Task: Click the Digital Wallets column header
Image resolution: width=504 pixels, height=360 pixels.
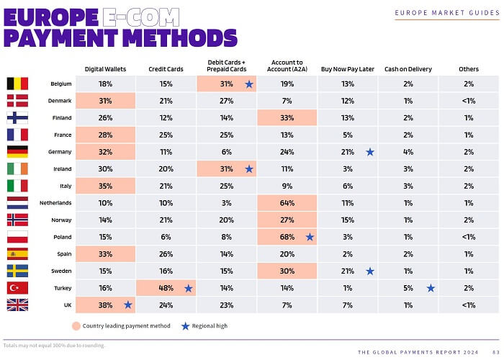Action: [104, 69]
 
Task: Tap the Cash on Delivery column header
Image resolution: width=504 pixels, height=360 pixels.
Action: [408, 69]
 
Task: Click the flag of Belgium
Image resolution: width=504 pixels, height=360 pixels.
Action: [17, 84]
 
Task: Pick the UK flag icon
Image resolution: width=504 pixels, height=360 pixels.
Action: [17, 305]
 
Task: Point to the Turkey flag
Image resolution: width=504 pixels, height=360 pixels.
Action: [17, 288]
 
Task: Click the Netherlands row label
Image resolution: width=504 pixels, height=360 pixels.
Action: [55, 203]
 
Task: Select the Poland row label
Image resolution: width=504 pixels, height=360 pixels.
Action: [60, 237]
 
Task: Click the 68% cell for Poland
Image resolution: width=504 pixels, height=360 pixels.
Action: [286, 237]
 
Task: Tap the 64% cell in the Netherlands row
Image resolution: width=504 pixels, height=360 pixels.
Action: [286, 203]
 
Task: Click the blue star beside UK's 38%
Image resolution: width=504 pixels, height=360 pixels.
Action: [128, 305]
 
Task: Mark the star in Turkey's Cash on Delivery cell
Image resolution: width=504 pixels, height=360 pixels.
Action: [431, 288]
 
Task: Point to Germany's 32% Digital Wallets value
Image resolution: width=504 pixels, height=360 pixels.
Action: [104, 152]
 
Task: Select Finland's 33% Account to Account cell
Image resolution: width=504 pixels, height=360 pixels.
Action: [286, 118]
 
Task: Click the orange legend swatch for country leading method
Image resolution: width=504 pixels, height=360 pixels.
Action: [76, 326]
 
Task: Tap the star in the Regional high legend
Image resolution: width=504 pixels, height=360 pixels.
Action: [186, 326]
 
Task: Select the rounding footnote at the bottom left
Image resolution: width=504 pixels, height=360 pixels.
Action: [54, 346]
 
